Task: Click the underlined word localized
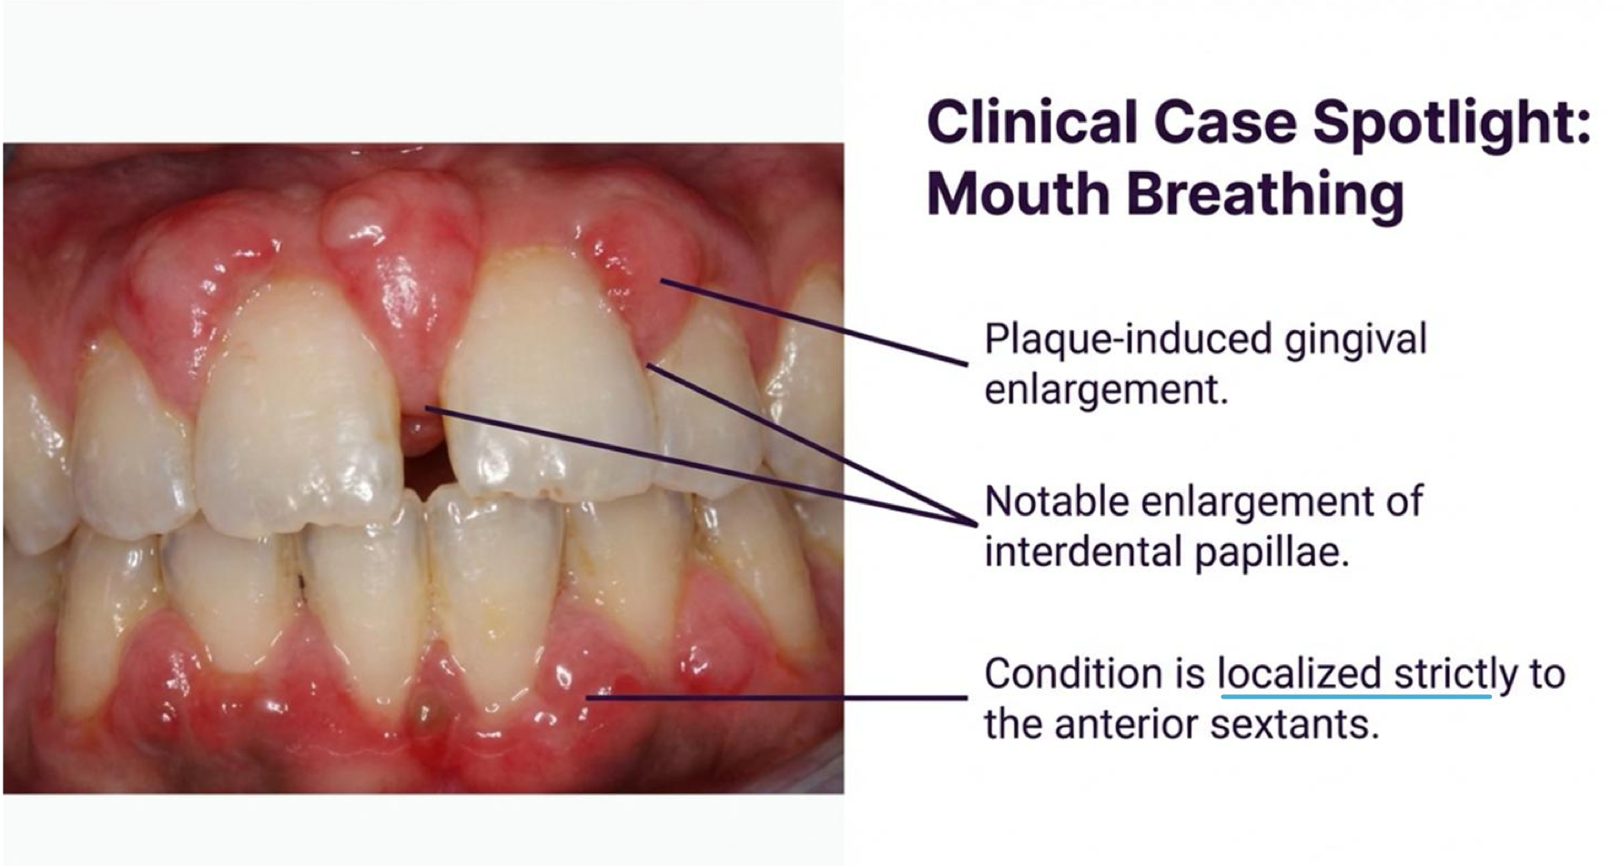pyautogui.click(x=1299, y=674)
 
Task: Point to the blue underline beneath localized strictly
pyautogui.click(x=1355, y=697)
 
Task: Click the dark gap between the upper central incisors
pyautogui.click(x=426, y=473)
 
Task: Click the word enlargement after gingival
pyautogui.click(x=1106, y=390)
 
